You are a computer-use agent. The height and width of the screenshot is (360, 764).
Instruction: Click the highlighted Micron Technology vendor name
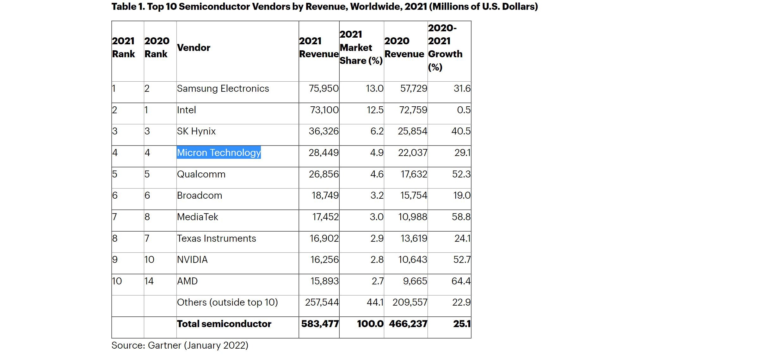point(219,152)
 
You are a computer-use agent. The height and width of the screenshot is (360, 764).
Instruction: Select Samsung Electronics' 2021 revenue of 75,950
point(323,88)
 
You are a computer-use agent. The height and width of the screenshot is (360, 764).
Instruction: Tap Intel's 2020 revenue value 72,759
point(413,110)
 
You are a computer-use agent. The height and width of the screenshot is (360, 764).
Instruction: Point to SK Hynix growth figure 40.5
point(461,131)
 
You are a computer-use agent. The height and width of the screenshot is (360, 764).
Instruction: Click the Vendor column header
point(194,47)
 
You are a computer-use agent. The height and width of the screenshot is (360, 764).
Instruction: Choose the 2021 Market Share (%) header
point(361,47)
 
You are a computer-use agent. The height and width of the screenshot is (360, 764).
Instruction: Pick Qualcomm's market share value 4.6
point(377,174)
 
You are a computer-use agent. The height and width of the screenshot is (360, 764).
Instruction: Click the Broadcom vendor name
point(200,195)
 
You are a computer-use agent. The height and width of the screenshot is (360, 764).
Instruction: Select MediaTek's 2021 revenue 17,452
point(325,217)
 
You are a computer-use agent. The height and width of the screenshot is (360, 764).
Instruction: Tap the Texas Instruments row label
point(216,238)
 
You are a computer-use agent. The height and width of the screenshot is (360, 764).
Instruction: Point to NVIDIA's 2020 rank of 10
point(149,259)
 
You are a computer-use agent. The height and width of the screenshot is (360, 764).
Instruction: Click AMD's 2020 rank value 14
point(149,281)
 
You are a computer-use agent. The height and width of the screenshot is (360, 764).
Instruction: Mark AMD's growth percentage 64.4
point(461,281)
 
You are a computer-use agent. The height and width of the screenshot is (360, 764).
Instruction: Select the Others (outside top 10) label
point(227,302)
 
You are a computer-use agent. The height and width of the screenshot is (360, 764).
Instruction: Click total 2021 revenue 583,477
point(320,324)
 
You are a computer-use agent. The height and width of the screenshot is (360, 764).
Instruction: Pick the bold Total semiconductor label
point(224,324)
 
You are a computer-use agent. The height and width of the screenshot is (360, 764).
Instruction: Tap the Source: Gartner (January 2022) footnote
point(180,345)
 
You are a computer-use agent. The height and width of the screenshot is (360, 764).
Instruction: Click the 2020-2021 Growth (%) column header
point(445,47)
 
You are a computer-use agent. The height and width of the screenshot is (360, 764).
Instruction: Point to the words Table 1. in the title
point(128,6)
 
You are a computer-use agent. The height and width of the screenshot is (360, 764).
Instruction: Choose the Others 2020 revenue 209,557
point(410,302)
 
